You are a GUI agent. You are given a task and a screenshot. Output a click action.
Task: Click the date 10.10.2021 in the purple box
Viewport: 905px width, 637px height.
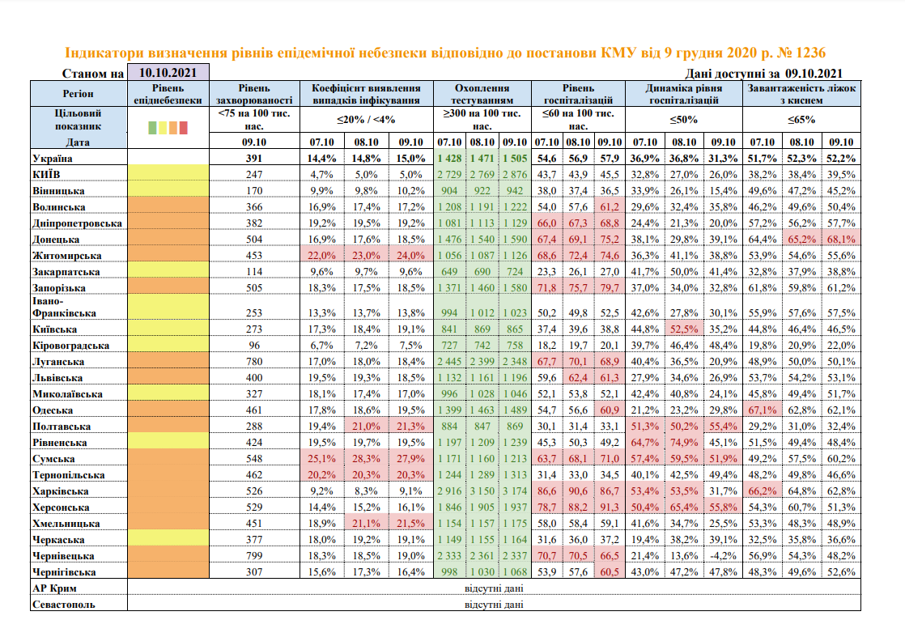168,72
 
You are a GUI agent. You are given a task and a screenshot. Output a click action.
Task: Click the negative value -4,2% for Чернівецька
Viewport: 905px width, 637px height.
722,556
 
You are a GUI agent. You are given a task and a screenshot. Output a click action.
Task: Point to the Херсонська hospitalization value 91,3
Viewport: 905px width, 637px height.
609,507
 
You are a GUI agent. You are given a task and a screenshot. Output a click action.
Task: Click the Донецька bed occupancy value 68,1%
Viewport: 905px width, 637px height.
843,240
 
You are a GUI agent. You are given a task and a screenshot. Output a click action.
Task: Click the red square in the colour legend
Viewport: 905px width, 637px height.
183,127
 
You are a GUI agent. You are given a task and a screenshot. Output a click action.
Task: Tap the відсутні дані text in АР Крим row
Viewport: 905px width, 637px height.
493,588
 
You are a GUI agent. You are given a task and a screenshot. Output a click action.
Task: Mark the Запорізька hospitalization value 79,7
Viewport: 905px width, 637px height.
609,288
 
